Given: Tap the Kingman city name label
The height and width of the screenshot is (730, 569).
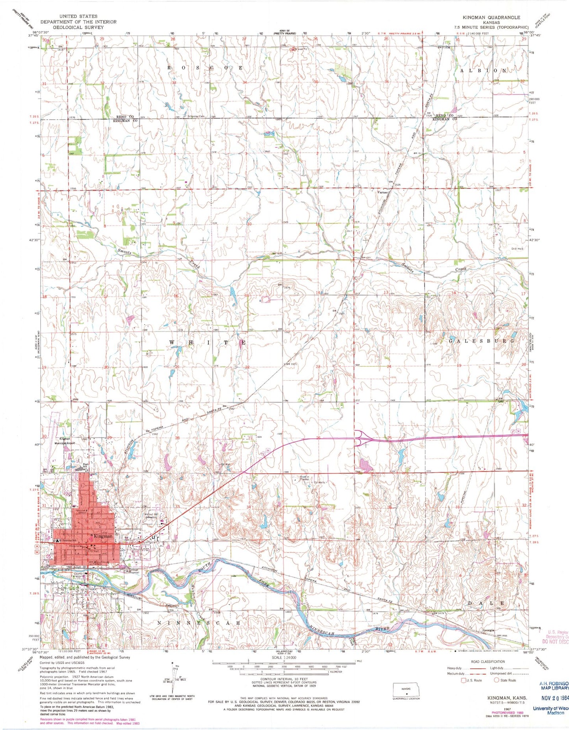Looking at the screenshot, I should pyautogui.click(x=102, y=536).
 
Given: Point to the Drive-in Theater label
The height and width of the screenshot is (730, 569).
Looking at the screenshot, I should pyautogui.click(x=304, y=479).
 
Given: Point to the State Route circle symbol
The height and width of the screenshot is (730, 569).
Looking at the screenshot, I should pyautogui.click(x=497, y=680).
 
